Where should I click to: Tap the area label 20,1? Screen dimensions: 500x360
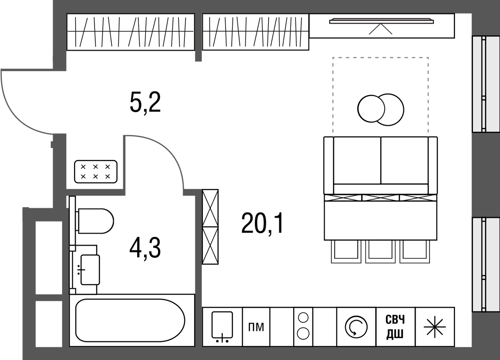point(262,223)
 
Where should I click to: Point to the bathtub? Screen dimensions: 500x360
point(130,320)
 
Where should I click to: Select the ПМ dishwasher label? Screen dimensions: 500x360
point(256,327)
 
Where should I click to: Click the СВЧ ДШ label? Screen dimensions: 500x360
point(395,327)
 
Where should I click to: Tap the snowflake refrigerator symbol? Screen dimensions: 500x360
point(435,327)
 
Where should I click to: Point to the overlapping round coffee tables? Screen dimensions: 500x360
point(381,109)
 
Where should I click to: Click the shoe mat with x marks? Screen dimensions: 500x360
point(95,171)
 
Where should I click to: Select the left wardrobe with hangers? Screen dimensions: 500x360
point(131,32)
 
